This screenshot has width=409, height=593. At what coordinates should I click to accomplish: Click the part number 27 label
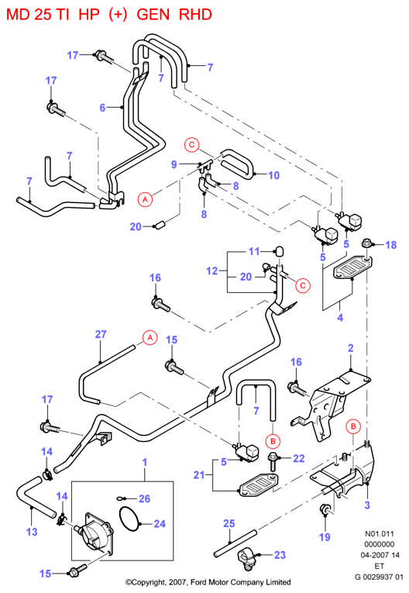coord(101,334)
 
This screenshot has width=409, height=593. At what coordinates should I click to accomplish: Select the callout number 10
coord(273,175)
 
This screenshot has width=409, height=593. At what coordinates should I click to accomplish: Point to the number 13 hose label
coord(32,532)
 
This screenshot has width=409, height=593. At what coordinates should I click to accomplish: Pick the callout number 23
coord(280,555)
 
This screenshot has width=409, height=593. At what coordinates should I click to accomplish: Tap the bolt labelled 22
coord(273,462)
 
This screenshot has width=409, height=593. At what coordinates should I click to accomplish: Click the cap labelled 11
coord(279,251)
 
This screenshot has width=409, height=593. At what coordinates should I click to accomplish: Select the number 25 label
coord(229,523)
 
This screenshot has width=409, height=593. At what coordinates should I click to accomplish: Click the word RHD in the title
coord(195,15)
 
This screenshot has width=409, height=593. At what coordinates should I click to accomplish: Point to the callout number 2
coord(351,348)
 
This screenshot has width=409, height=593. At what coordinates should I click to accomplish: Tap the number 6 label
coord(102,108)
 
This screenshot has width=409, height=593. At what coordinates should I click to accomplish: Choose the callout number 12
coord(212,271)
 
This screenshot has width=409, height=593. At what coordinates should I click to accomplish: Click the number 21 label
coord(199,474)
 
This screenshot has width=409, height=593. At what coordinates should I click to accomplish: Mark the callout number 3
coord(367,505)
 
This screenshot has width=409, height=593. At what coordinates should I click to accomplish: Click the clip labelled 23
coord(246,560)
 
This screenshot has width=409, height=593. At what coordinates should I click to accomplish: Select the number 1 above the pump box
coord(144,462)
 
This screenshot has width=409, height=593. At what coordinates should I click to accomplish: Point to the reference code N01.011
coord(379,533)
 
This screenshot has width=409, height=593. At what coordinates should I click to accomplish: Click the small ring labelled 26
coord(120,498)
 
